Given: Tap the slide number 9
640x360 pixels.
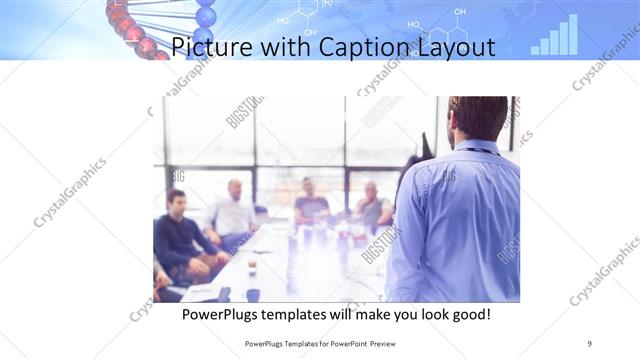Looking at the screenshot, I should point(590,343).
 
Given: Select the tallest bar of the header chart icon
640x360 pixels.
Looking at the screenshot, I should point(572,33).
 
